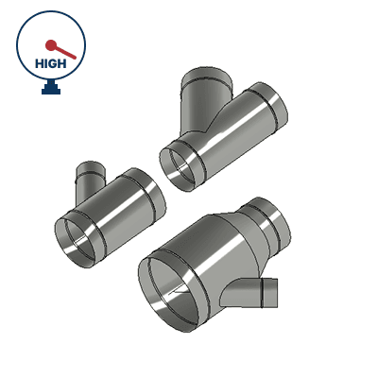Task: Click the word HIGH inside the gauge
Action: point(51,63)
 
